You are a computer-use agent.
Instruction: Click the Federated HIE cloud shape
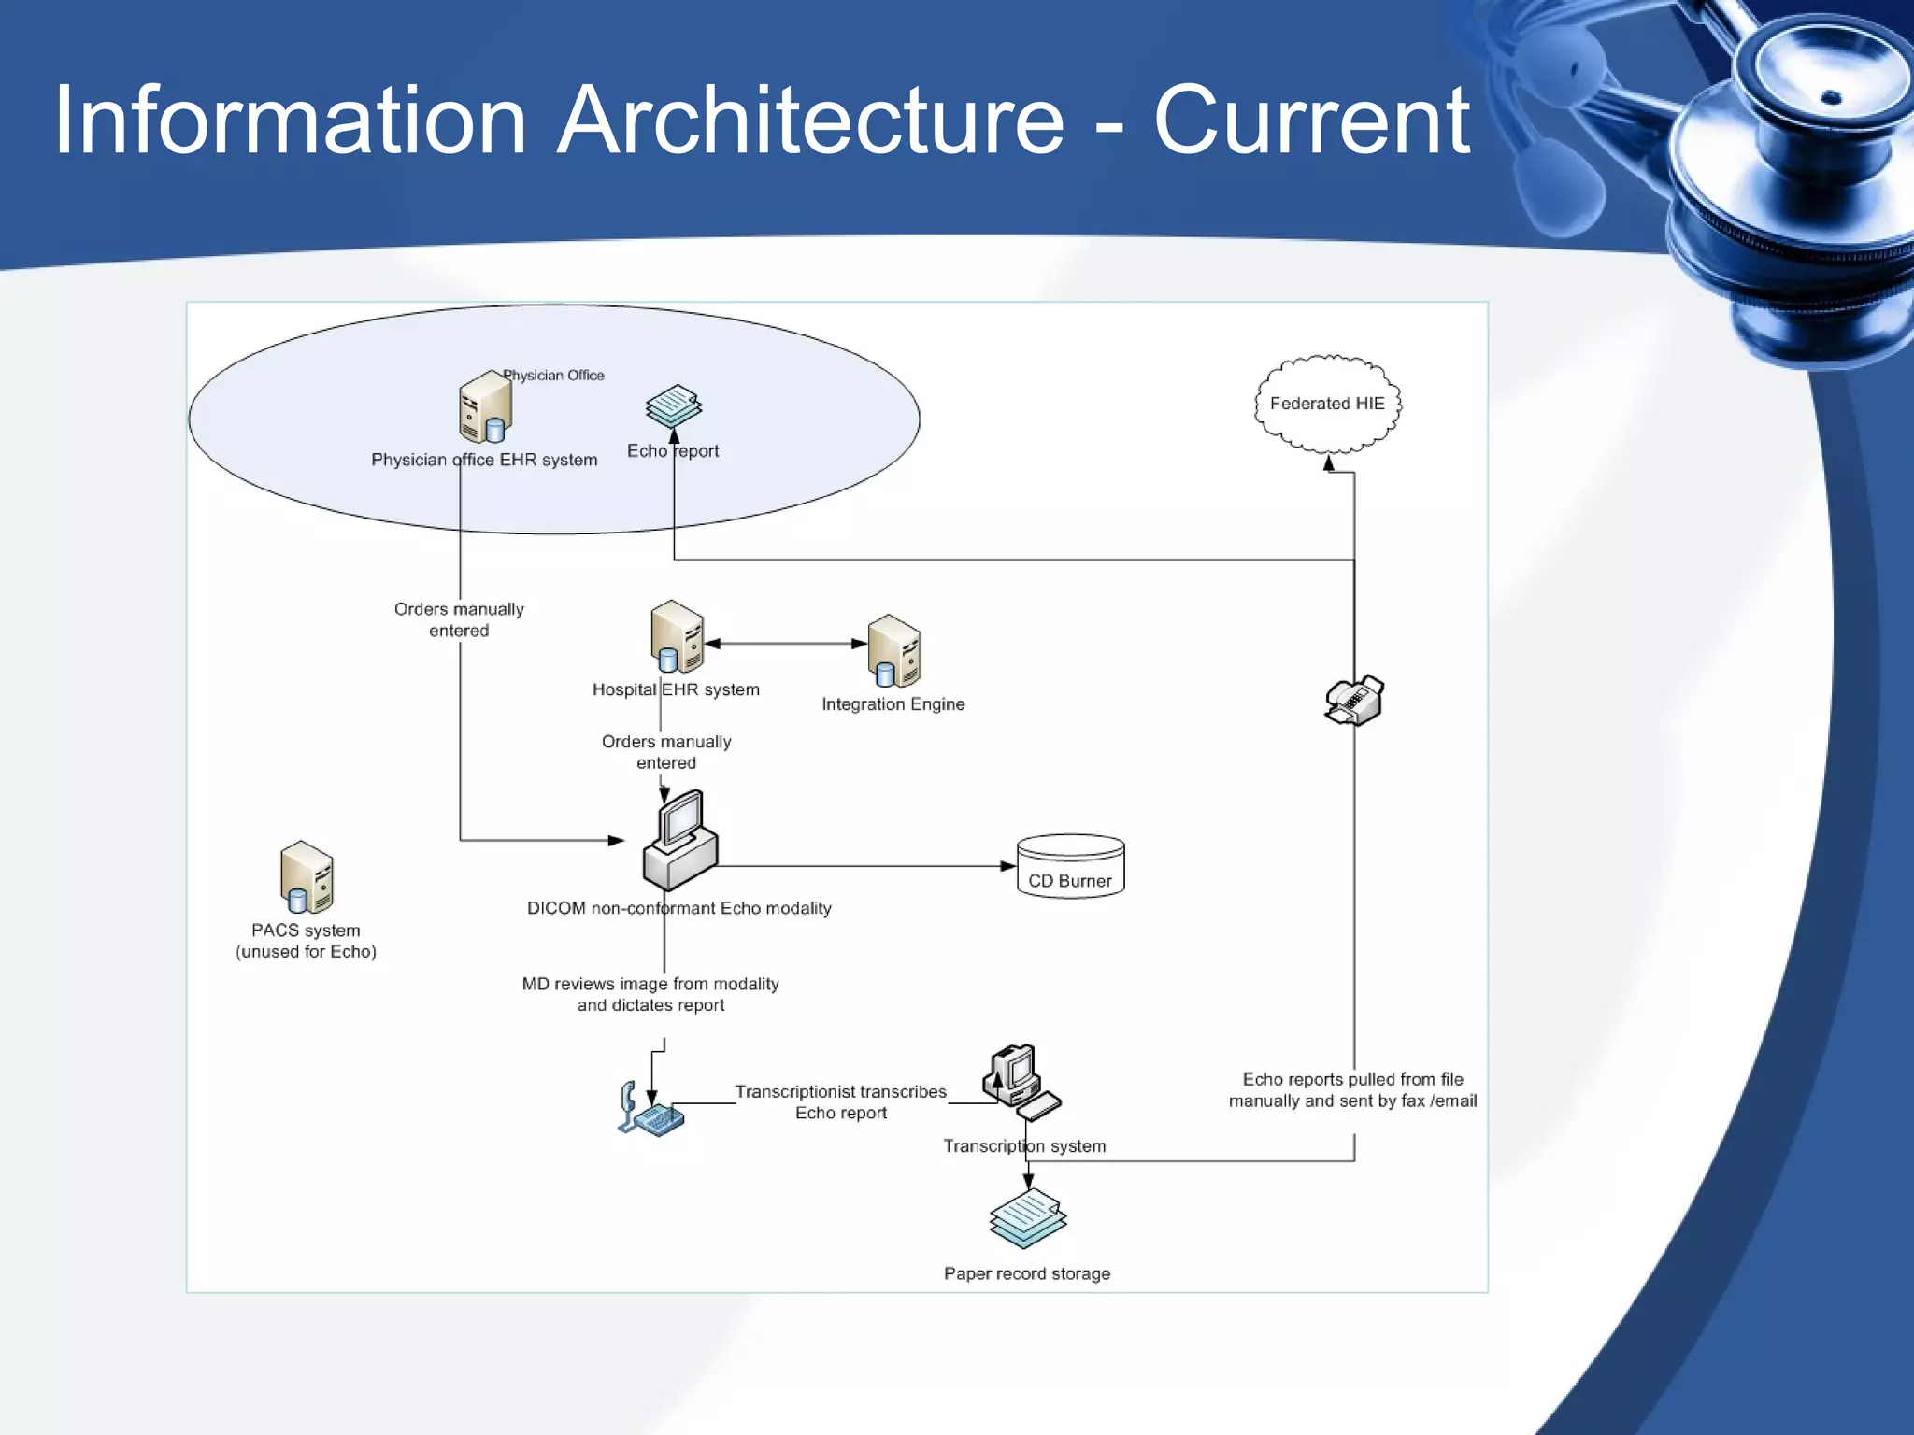tap(1327, 404)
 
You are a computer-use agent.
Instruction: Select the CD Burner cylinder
tap(1070, 867)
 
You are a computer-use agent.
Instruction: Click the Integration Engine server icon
tap(894, 651)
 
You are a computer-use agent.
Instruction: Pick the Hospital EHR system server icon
tap(677, 637)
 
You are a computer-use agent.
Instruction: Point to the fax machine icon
tap(1354, 701)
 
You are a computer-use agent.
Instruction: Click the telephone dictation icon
tap(650, 1110)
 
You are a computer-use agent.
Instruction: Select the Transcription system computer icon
tap(1019, 1082)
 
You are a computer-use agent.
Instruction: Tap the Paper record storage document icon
tap(1028, 1218)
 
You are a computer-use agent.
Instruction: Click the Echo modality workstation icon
tap(681, 841)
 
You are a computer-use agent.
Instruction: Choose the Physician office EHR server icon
tap(485, 407)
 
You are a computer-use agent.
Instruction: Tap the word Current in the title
tap(1310, 121)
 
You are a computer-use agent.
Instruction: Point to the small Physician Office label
tap(553, 376)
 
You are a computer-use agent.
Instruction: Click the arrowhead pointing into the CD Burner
tap(1008, 866)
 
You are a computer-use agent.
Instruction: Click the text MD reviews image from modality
tap(650, 984)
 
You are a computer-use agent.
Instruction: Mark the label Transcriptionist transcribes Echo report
tap(840, 1102)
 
